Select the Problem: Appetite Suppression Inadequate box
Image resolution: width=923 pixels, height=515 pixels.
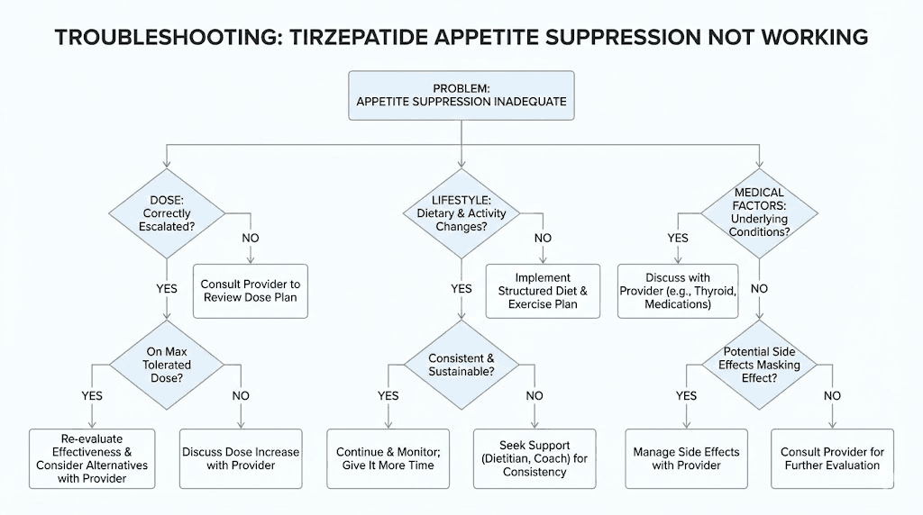(x=461, y=94)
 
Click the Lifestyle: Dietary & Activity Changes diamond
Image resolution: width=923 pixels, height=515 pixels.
(x=461, y=214)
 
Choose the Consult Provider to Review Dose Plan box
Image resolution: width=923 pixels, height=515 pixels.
(x=250, y=290)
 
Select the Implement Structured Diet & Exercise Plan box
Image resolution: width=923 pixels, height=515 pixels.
(x=542, y=291)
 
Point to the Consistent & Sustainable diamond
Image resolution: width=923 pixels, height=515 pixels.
(x=461, y=364)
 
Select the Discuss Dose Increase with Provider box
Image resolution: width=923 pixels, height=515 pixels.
(x=241, y=458)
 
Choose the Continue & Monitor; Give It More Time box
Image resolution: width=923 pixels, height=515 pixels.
(x=388, y=458)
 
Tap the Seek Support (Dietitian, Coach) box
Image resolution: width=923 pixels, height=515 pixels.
(x=535, y=458)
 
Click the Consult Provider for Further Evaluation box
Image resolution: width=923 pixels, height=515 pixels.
(x=832, y=458)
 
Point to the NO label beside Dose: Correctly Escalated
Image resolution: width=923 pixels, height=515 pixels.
(x=251, y=239)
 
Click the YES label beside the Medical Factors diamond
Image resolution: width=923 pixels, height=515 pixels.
(x=677, y=239)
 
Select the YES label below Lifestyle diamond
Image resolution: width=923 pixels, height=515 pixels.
(x=461, y=289)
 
